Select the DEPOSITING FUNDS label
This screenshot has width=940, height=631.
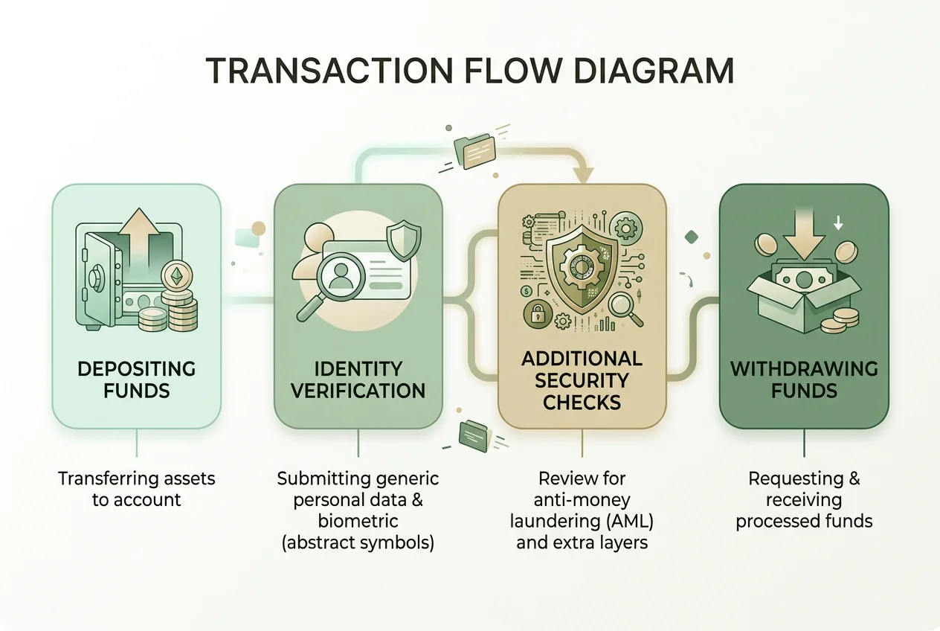(136, 379)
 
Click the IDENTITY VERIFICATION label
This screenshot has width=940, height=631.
(358, 379)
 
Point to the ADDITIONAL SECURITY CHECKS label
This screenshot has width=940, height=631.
(582, 380)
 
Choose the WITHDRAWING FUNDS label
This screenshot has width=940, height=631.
(804, 379)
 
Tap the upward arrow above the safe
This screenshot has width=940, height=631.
(139, 240)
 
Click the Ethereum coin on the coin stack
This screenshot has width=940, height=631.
(176, 276)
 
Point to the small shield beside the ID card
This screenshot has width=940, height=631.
(403, 240)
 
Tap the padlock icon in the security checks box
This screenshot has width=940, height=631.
(537, 313)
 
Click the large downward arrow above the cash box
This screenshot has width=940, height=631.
(804, 235)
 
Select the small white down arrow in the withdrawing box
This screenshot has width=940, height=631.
(838, 222)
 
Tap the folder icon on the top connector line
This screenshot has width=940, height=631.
(475, 150)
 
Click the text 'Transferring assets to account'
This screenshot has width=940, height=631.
(136, 489)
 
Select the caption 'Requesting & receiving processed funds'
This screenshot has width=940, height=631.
(804, 499)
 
